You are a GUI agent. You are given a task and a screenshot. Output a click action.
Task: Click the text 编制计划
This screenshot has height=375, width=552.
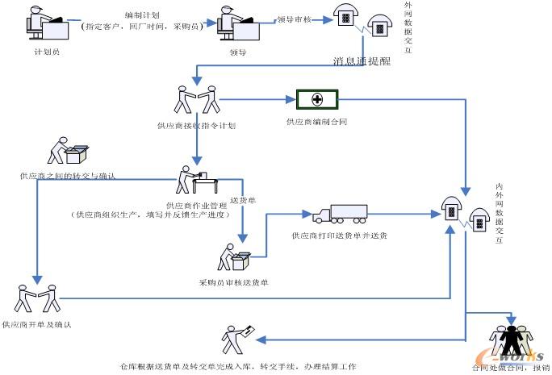click(140, 15)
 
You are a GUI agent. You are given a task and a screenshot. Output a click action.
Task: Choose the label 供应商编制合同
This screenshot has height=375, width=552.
click(317, 122)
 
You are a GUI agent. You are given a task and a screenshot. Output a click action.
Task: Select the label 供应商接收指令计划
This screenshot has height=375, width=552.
click(196, 126)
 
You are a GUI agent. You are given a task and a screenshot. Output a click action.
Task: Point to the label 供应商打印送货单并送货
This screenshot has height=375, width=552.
click(339, 236)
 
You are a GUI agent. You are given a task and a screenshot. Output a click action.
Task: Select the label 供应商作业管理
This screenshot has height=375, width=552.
click(195, 205)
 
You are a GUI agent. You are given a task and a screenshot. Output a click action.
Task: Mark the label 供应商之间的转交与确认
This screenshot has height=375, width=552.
click(68, 175)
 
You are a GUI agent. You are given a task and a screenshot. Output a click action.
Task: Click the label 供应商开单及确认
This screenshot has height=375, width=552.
click(37, 325)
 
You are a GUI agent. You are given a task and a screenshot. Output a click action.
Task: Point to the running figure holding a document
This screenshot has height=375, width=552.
click(240, 339)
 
